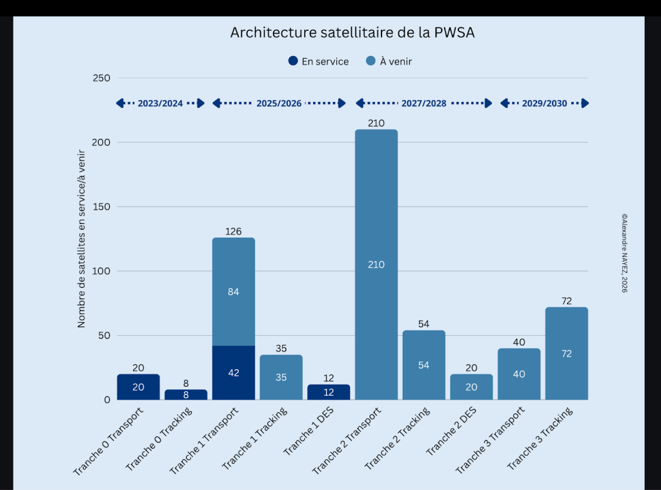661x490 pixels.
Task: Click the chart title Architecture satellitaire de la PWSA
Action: (352, 33)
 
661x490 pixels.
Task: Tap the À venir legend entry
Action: (389, 61)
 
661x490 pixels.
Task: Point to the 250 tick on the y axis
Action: (103, 78)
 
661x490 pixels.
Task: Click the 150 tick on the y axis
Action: (103, 207)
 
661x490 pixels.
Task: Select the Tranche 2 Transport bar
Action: (376, 265)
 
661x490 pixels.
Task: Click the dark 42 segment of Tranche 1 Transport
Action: (234, 373)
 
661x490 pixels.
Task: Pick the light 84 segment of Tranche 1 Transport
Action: (234, 292)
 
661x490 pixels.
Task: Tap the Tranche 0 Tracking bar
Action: (186, 394)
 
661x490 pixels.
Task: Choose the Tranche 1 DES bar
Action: (329, 392)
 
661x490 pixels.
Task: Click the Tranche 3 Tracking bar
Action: (567, 353)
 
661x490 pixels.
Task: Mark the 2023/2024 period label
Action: (160, 103)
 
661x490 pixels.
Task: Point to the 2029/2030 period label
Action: (544, 103)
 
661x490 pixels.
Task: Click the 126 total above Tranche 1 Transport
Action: (234, 231)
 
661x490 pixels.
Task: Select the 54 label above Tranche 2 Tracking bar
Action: (423, 324)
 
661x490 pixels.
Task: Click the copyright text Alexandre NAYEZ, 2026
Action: (624, 254)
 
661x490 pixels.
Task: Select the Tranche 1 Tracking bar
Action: (281, 377)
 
